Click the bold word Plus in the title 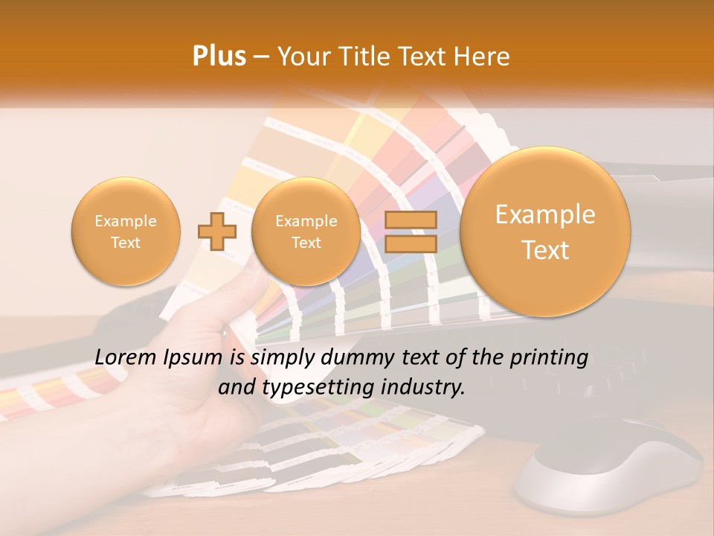click(x=219, y=57)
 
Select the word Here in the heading click(x=482, y=57)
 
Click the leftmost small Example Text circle click(x=126, y=232)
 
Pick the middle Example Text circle click(x=306, y=232)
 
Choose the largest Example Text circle click(x=545, y=232)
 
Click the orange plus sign click(x=217, y=231)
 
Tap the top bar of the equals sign click(x=411, y=220)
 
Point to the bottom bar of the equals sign click(x=411, y=243)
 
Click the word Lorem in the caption click(x=126, y=357)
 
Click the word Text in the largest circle click(x=545, y=250)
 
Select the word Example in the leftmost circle click(x=126, y=221)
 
